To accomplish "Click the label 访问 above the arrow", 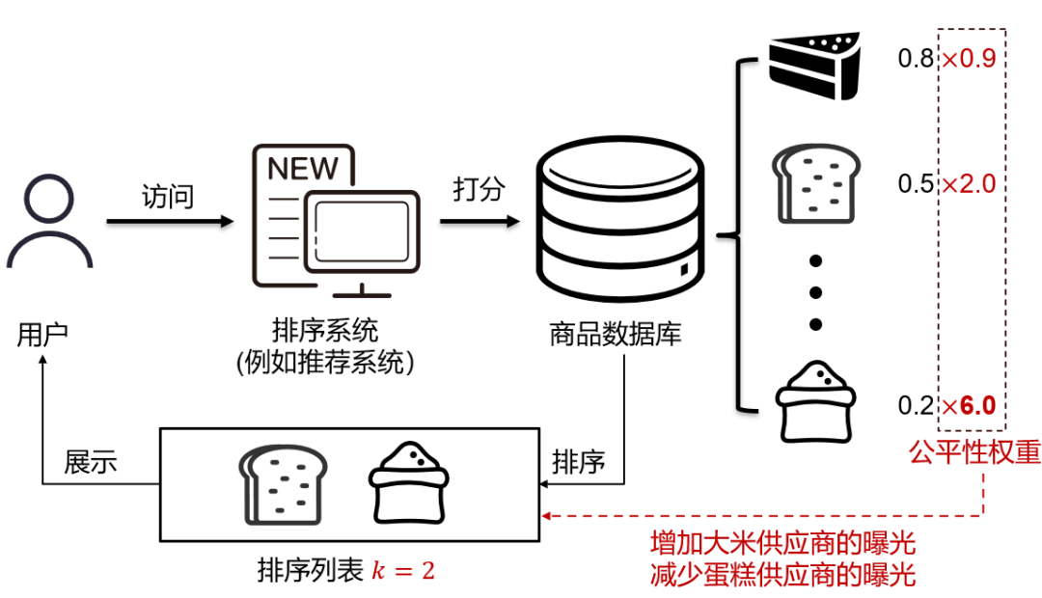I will click(x=168, y=197).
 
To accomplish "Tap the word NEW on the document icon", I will click(x=303, y=169).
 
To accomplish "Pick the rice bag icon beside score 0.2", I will click(x=816, y=401).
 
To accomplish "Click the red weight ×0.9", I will click(x=968, y=60).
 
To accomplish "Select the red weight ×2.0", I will click(x=968, y=183).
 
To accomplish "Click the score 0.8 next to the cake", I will click(x=915, y=60).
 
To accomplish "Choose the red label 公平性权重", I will click(x=974, y=452).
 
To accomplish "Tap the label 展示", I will click(x=91, y=462).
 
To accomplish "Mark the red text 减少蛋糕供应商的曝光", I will click(x=782, y=576).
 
